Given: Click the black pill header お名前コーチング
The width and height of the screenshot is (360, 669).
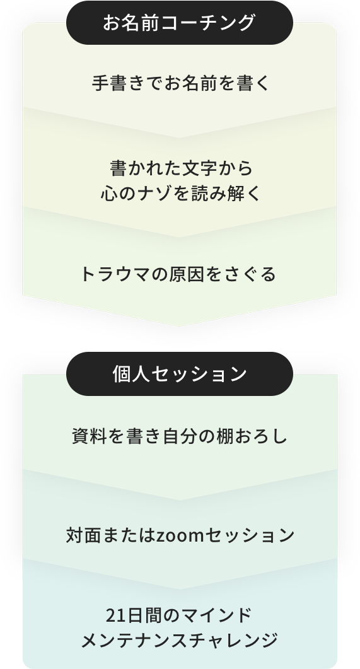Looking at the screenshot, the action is point(180,23).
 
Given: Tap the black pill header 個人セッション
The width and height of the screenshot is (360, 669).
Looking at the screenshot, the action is point(180,374).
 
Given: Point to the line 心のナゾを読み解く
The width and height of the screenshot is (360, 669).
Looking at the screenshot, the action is point(181,194).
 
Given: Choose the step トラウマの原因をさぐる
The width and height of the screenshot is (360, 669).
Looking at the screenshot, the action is point(178,274).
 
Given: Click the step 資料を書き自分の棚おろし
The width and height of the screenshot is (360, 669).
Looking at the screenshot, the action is point(180,436).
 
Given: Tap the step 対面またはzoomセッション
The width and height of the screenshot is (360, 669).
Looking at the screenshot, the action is point(180,535).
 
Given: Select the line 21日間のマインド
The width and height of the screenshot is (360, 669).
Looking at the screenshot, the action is point(179,615).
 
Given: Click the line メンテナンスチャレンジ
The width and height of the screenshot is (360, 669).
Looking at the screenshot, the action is point(180,641).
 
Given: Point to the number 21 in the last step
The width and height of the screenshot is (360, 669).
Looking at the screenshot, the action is point(115,615).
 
